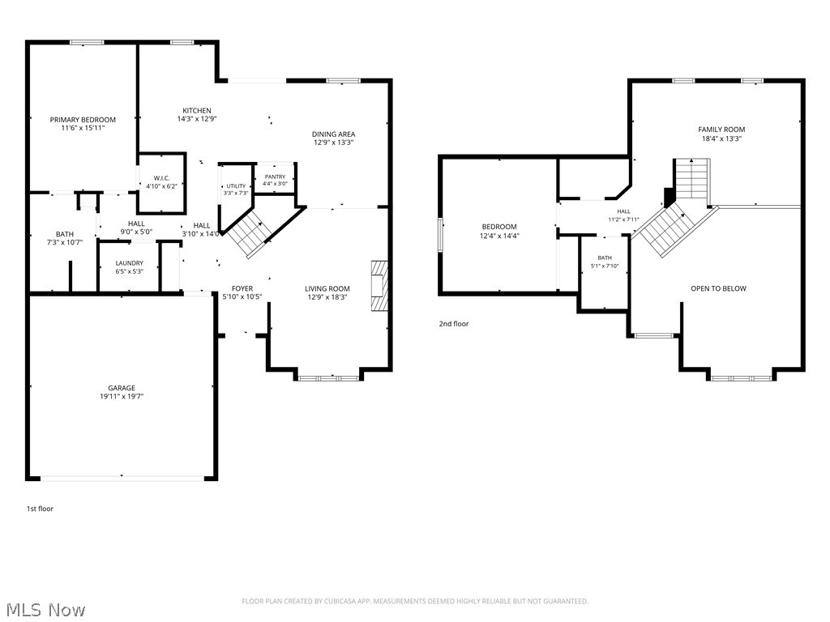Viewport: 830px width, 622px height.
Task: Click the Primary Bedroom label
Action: (x=83, y=120)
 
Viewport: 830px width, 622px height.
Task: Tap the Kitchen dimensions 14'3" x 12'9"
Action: (x=197, y=119)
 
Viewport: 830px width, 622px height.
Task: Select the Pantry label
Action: (x=275, y=177)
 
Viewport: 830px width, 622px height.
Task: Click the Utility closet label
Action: (x=236, y=186)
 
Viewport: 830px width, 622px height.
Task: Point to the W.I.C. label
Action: (x=161, y=178)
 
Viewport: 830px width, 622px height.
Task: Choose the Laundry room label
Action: (x=129, y=263)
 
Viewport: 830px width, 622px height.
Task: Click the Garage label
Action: (x=122, y=388)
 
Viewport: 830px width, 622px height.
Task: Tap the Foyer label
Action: (x=242, y=288)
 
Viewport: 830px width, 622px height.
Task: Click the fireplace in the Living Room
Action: (x=379, y=285)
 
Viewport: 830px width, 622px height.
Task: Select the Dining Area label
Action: (x=333, y=134)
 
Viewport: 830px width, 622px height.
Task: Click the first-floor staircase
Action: (x=249, y=232)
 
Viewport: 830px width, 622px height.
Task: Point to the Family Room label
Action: (x=721, y=129)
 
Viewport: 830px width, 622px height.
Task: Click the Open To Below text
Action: (x=718, y=288)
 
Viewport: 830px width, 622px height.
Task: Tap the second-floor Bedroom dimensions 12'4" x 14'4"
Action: (x=499, y=236)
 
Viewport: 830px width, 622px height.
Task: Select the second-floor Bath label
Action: (x=605, y=258)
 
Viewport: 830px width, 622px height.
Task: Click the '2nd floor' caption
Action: (x=454, y=324)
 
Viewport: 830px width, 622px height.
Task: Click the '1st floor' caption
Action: (x=41, y=509)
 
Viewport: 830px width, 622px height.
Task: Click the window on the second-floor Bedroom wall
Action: (x=440, y=234)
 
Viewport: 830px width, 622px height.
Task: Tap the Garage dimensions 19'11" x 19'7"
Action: (x=122, y=396)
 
